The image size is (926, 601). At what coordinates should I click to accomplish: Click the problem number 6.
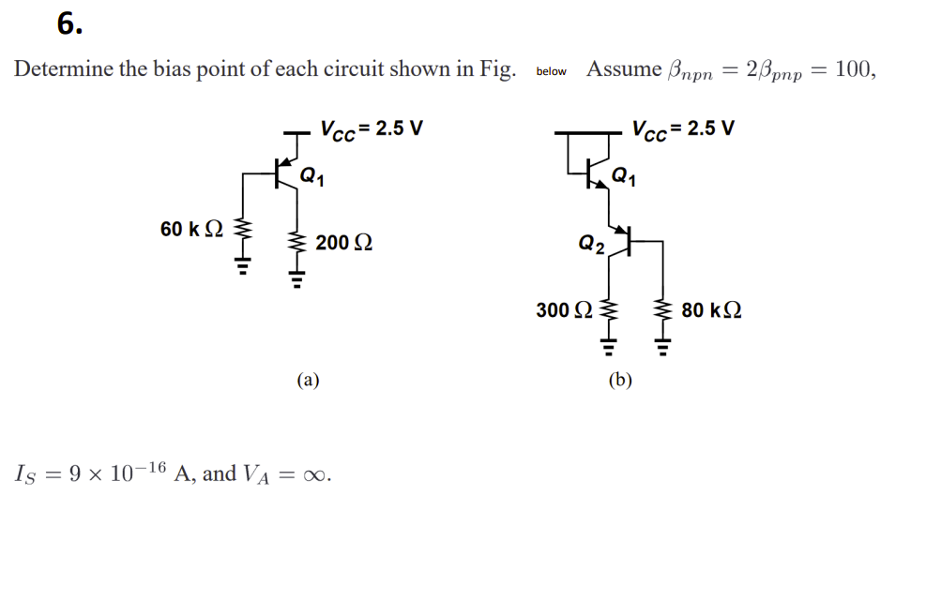coord(69,24)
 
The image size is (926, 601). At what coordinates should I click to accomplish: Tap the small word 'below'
coord(552,71)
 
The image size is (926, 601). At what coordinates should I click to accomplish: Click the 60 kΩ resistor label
coord(191,230)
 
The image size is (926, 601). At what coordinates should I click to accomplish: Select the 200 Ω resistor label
coord(343,243)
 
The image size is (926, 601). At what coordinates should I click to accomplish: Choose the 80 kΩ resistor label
coord(711,309)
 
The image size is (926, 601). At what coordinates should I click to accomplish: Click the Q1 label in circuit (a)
coord(312,174)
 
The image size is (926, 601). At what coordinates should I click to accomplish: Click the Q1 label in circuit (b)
coord(623,174)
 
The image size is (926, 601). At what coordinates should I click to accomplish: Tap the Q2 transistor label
coord(591,246)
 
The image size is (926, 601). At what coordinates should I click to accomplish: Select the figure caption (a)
coord(308,380)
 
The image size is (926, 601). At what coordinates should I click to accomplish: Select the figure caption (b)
coord(620,380)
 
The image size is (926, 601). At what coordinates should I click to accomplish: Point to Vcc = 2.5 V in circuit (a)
coord(372,128)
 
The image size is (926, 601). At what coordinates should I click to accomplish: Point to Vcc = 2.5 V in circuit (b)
coord(684,128)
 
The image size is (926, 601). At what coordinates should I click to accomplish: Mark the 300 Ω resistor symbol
coord(608,312)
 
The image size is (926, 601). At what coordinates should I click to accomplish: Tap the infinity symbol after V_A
coord(317,474)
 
